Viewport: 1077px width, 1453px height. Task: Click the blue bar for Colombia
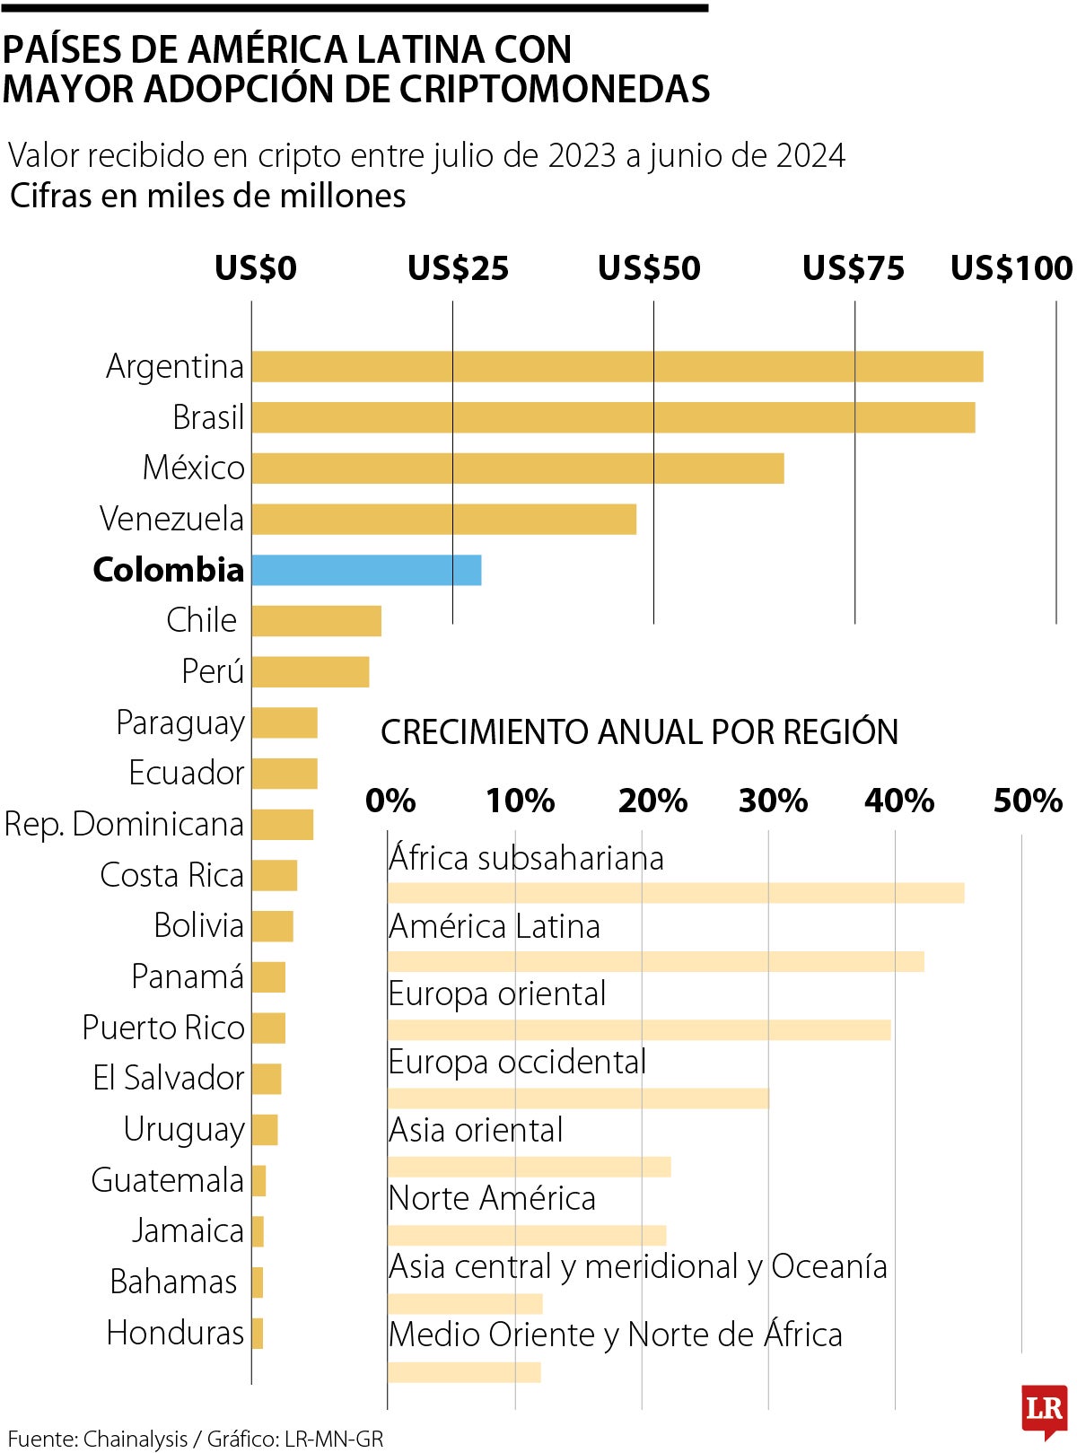coord(366,570)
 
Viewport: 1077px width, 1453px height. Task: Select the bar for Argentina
coord(617,366)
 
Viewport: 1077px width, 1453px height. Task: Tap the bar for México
coord(517,468)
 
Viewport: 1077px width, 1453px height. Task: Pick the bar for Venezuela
coord(443,519)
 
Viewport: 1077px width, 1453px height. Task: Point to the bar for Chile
coord(316,621)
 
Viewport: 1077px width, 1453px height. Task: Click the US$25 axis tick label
coord(458,268)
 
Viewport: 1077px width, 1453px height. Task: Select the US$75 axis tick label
coord(853,268)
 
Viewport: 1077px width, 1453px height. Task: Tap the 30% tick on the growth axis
coord(773,801)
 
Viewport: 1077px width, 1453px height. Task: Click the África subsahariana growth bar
coord(676,893)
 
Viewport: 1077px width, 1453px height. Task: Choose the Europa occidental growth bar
coord(578,1098)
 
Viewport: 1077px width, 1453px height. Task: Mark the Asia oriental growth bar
coord(530,1167)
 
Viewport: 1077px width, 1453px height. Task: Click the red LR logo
coord(1044,1409)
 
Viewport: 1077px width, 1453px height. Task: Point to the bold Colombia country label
coord(169,570)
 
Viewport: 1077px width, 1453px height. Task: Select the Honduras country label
coord(175,1333)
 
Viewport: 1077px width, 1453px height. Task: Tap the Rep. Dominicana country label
coord(124,824)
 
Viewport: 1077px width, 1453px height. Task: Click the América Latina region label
coord(495,926)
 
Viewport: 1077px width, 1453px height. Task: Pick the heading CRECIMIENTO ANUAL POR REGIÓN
coord(639,732)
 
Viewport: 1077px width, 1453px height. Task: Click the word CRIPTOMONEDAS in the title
coord(554,89)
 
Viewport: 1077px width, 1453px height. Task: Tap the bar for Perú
coord(310,672)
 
